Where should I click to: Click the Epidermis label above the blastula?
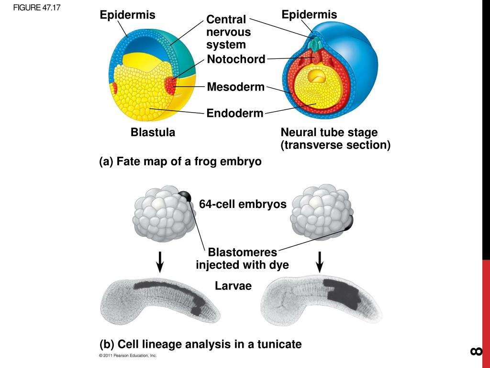coord(127,15)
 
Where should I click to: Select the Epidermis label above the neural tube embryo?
coord(309,15)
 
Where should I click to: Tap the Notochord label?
coord(236,59)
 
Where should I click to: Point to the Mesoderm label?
coord(235,87)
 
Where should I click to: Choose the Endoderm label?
coord(235,114)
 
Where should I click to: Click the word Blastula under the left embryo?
coord(153,133)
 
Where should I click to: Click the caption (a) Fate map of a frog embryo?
coord(180,161)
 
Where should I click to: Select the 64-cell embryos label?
coord(243,204)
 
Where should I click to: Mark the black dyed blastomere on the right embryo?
coord(348,223)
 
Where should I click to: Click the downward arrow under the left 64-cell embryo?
coord(160,261)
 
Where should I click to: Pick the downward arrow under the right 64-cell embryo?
coord(320,261)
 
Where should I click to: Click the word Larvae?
coord(233,286)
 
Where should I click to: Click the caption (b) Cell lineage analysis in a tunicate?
coord(200,344)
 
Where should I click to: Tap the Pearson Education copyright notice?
coord(128,356)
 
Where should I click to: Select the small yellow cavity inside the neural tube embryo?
coord(317,76)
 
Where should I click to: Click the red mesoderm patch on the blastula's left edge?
coord(115,88)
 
